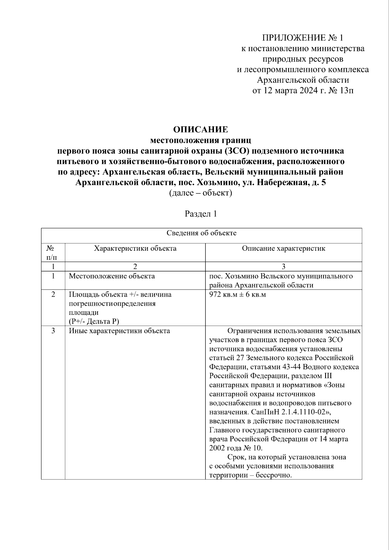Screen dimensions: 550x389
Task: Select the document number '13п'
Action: point(346,90)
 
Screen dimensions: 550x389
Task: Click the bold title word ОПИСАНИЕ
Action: point(200,130)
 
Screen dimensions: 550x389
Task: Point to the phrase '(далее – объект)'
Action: point(200,193)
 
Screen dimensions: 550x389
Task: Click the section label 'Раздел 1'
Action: point(200,214)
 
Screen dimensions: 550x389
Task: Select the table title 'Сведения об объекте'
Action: point(201,233)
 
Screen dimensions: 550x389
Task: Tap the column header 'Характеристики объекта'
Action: point(135,248)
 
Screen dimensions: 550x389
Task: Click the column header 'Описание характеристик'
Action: point(283,248)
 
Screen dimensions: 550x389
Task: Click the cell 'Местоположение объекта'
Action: point(112,276)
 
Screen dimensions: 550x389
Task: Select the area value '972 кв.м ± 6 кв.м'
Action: point(238,295)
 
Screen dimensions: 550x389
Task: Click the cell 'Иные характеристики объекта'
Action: point(119,331)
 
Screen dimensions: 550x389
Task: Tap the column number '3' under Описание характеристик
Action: point(283,267)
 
